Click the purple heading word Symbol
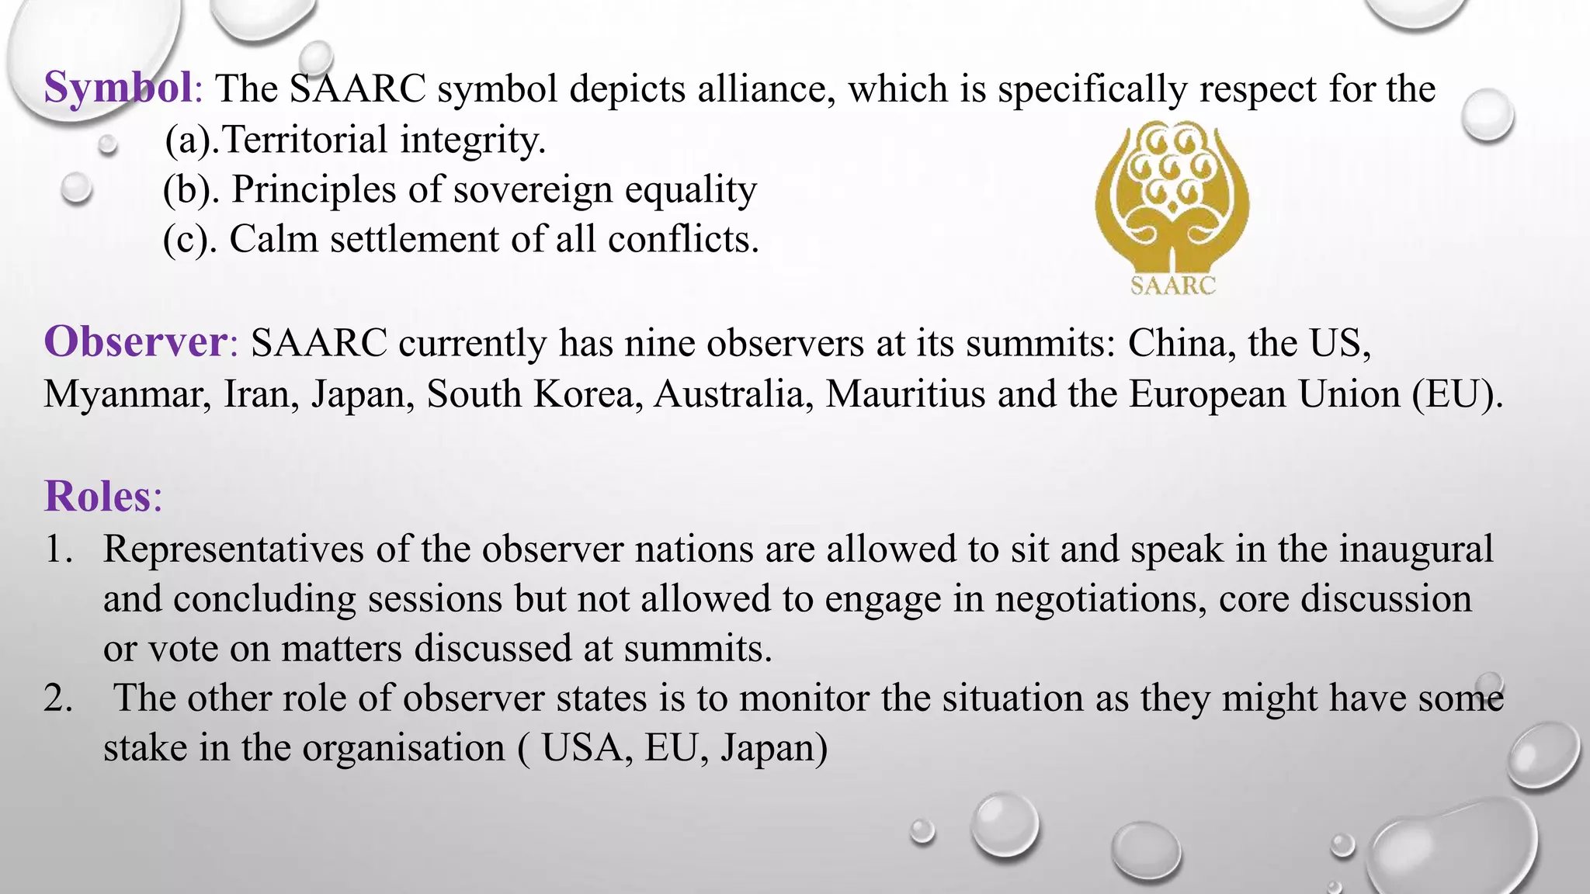pyautogui.click(x=118, y=87)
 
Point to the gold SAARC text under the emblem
pyautogui.click(x=1172, y=286)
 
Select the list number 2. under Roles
pyautogui.click(x=58, y=698)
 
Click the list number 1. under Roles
pyautogui.click(x=58, y=549)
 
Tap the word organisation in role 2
pyautogui.click(x=404, y=748)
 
